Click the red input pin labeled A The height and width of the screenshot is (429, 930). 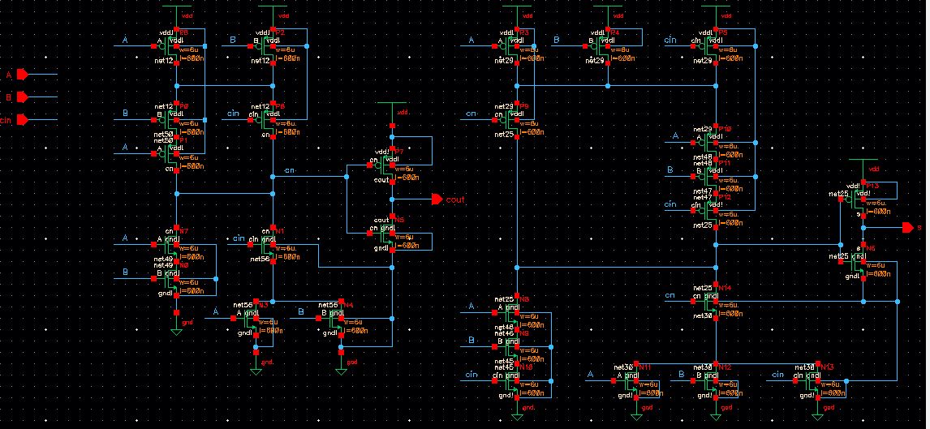coord(23,75)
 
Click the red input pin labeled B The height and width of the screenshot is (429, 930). coord(23,97)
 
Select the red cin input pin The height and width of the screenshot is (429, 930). coord(23,120)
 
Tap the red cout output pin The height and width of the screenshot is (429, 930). coord(437,199)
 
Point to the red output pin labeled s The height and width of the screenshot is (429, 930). coord(906,228)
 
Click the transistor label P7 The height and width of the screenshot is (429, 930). coord(398,152)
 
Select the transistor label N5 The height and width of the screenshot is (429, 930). coord(398,220)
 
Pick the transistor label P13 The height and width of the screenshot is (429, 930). coord(872,186)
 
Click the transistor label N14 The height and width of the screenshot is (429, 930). coord(725,288)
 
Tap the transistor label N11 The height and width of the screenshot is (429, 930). coord(646,367)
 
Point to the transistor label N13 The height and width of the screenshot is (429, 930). coord(828,367)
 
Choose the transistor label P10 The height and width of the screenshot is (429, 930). coord(725,129)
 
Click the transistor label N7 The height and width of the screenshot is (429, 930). coord(183,231)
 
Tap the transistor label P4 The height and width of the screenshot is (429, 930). coord(614,32)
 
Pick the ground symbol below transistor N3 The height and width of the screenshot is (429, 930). coord(256,366)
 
